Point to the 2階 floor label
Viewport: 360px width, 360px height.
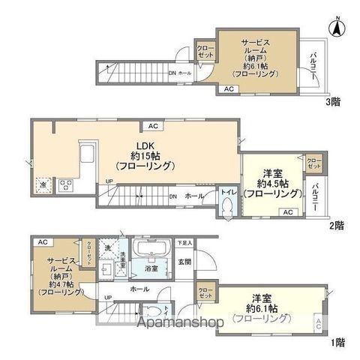pyautogui.click(x=335, y=224)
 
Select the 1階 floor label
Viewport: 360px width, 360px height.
pyautogui.click(x=339, y=342)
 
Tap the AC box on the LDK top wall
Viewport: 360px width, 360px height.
pyautogui.click(x=152, y=126)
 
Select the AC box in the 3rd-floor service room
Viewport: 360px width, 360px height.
pyautogui.click(x=228, y=89)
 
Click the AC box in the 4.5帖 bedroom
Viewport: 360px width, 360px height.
pyautogui.click(x=287, y=212)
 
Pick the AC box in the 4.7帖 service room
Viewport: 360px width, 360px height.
pyautogui.click(x=43, y=241)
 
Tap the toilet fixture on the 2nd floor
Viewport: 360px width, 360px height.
pyautogui.click(x=229, y=211)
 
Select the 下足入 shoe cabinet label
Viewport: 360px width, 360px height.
pyautogui.click(x=184, y=243)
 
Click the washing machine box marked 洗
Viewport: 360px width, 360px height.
pyautogui.click(x=109, y=247)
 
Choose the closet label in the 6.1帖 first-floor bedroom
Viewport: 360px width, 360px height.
pyautogui.click(x=205, y=292)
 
